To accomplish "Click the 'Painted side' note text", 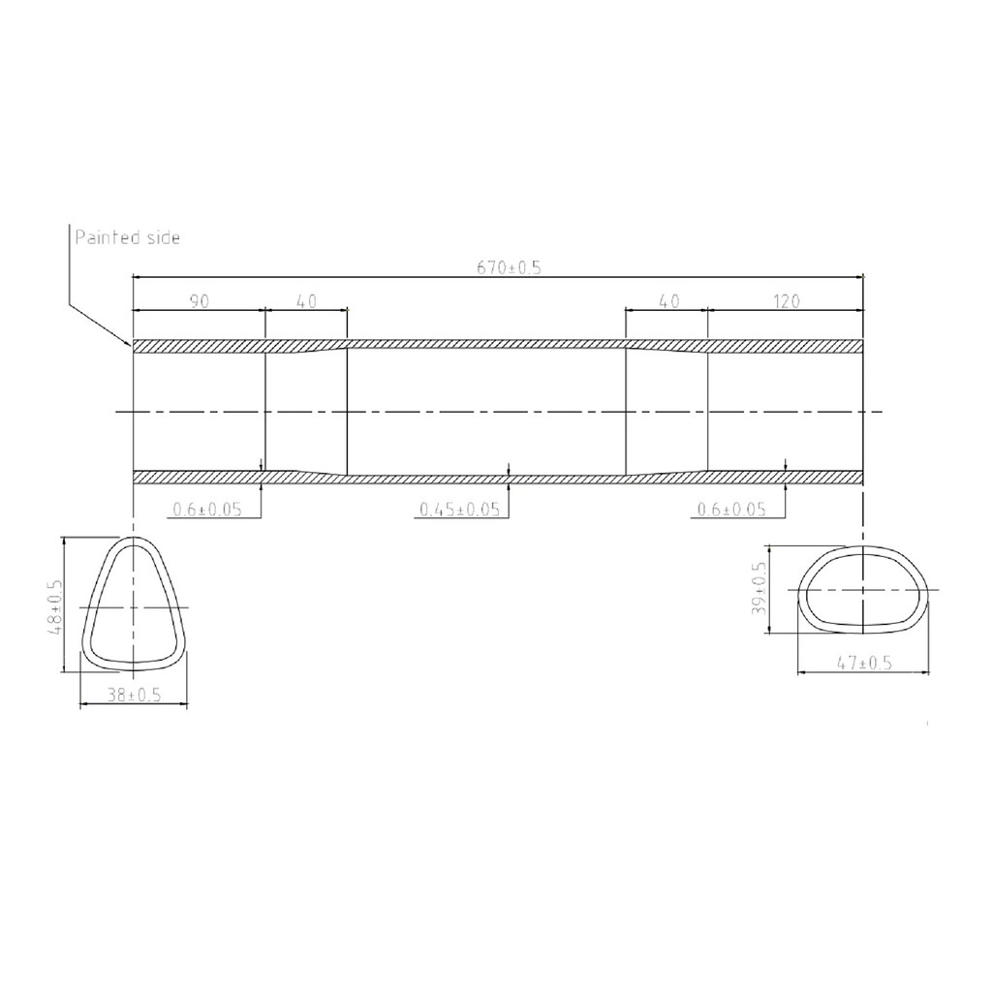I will coord(127,237).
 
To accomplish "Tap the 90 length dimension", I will coord(200,302).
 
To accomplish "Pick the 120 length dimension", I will coord(786,302).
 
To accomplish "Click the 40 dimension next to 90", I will coord(305,302).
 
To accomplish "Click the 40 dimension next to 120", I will coord(667,302).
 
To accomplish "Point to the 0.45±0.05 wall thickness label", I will coord(459,510).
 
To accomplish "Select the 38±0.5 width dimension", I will coord(134,696).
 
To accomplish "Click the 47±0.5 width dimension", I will coord(863,664).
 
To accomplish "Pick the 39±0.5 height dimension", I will coord(759,590).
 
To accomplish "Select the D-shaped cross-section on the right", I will coord(861,590).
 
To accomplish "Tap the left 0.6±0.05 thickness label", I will coord(206,510).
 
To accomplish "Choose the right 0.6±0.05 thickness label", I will coord(731,510).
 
